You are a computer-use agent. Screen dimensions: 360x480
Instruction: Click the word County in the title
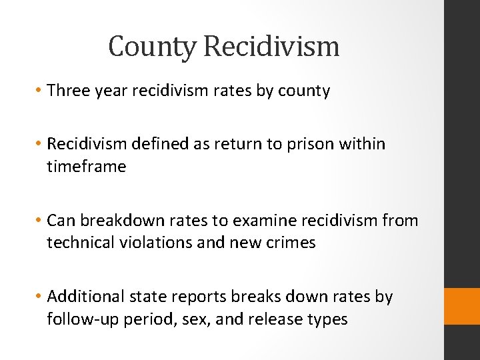pyautogui.click(x=153, y=47)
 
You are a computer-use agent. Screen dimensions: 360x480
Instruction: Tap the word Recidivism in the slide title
pyautogui.click(x=271, y=47)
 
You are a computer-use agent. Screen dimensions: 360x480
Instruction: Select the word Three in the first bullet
pyautogui.click(x=68, y=91)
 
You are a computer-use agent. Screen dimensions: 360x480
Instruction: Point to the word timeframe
pyautogui.click(x=86, y=166)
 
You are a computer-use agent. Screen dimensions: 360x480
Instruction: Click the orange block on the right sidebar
pyautogui.click(x=462, y=306)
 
